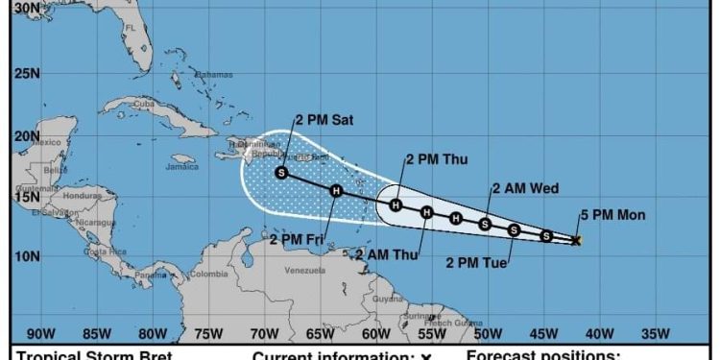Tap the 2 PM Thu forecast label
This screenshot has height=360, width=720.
437,159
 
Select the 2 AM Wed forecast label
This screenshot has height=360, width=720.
525,188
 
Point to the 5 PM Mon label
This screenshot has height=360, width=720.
612,215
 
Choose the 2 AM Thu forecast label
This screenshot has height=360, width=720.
388,254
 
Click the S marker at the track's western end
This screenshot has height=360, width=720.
281,173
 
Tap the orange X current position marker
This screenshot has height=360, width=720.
576,240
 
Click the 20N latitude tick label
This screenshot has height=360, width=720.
26,135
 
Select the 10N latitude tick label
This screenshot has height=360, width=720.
26,256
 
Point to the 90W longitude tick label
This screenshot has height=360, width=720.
40,334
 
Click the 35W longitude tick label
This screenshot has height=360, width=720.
656,334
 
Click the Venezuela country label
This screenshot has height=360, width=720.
305,271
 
